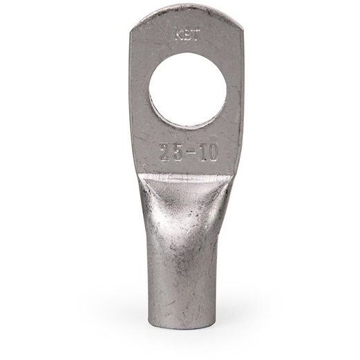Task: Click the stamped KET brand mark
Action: pyautogui.click(x=187, y=36)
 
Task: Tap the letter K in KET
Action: pyautogui.click(x=180, y=36)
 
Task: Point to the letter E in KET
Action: pyautogui.click(x=187, y=36)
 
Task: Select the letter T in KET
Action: pyautogui.click(x=195, y=36)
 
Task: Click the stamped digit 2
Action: pyautogui.click(x=165, y=153)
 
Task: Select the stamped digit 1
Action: pyautogui.click(x=200, y=153)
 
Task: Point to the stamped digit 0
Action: pyautogui.click(x=211, y=153)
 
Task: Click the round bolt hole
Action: pyautogui.click(x=188, y=90)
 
